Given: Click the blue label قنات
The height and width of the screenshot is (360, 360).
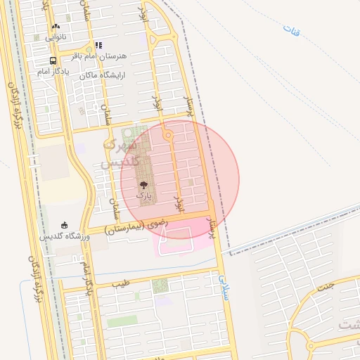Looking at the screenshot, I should click(291, 30).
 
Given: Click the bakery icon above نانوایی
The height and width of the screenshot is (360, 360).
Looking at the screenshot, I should click(56, 25).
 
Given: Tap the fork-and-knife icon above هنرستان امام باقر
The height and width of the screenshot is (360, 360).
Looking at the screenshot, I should click(98, 44).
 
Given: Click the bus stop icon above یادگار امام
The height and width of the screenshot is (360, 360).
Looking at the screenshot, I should click(53, 61).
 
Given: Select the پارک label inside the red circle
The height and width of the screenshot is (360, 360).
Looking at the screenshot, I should click(143, 194).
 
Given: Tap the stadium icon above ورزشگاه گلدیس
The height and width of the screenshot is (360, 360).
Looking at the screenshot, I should click(65, 224).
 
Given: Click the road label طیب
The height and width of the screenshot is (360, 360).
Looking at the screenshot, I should click(121, 284).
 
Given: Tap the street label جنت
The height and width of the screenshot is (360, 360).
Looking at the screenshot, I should click(326, 287).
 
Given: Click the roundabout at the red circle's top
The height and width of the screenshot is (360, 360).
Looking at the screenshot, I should click(167, 134).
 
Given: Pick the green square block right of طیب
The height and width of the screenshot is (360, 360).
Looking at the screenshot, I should click(160, 285).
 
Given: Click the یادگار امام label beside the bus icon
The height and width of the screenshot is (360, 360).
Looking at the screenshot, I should click(51, 72).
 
